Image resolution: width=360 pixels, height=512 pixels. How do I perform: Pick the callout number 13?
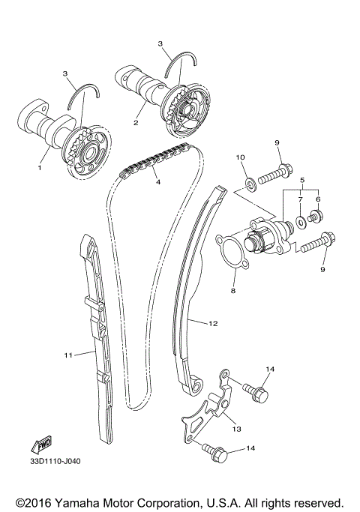coord(236,430)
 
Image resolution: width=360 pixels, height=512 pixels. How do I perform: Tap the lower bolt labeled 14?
coord(218,451)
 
